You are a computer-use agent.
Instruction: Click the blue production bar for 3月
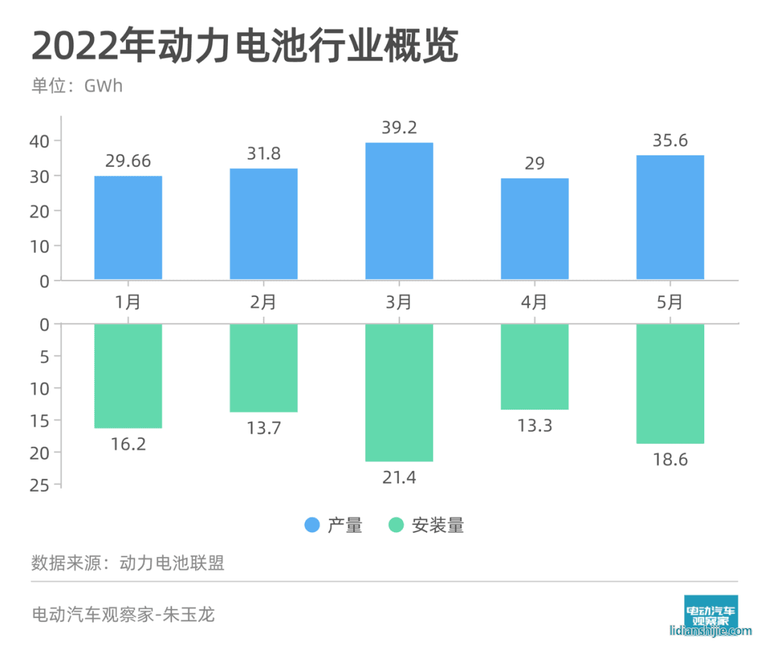click(x=399, y=211)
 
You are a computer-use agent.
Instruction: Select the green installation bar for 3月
click(x=399, y=393)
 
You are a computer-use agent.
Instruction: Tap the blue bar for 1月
click(x=128, y=227)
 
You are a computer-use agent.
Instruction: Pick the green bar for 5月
click(x=670, y=383)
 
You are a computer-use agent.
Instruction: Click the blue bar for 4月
click(x=535, y=229)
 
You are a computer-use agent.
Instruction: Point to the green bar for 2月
click(x=263, y=368)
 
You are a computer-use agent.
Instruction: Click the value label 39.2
click(x=399, y=128)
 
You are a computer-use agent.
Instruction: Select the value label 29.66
click(x=128, y=161)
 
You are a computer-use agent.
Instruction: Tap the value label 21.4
click(x=399, y=477)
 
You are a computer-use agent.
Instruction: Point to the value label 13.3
click(x=535, y=425)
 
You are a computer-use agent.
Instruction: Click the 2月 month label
click(x=263, y=301)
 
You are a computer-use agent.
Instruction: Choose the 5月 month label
click(x=670, y=301)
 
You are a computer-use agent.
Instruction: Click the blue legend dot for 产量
click(x=312, y=526)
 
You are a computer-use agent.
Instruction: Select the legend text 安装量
click(x=437, y=526)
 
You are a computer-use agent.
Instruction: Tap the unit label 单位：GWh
click(x=77, y=86)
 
